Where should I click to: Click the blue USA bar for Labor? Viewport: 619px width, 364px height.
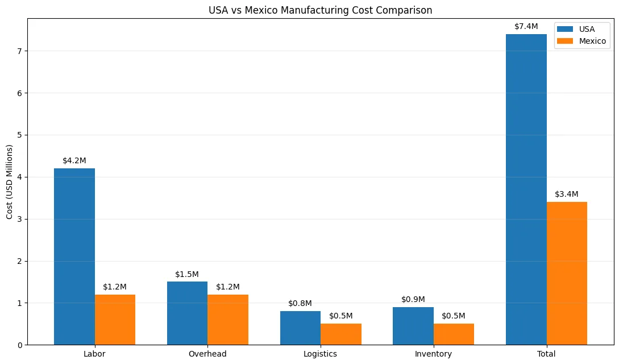pos(74,256)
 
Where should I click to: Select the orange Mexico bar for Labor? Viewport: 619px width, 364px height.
pos(115,320)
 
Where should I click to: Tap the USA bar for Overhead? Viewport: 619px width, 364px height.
pos(187,313)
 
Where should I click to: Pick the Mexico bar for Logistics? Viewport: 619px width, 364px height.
pos(341,334)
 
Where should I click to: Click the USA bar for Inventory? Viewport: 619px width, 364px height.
pos(413,326)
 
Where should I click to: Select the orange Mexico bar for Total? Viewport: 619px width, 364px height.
pos(567,273)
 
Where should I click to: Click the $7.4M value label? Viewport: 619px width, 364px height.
pos(526,26)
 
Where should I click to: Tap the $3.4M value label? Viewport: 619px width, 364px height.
pos(567,194)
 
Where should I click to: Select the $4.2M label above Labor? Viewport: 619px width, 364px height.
pos(74,160)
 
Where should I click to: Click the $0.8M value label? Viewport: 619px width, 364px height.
pos(300,303)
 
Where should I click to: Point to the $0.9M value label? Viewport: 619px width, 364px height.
pos(413,299)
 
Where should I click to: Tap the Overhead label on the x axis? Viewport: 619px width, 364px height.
pos(207,354)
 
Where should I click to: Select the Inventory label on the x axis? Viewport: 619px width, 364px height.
pos(433,354)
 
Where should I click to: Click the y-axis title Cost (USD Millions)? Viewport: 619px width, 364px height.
pos(10,182)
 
